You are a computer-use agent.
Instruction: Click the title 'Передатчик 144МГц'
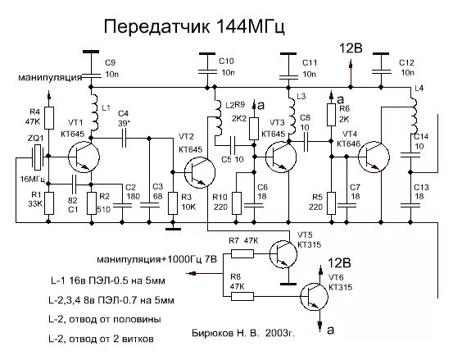click(194, 28)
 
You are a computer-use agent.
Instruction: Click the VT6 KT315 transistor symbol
click(312, 296)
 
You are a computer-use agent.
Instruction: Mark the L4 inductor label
click(420, 88)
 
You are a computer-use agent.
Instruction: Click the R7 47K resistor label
click(242, 240)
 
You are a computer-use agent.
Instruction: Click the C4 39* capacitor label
click(125, 118)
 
